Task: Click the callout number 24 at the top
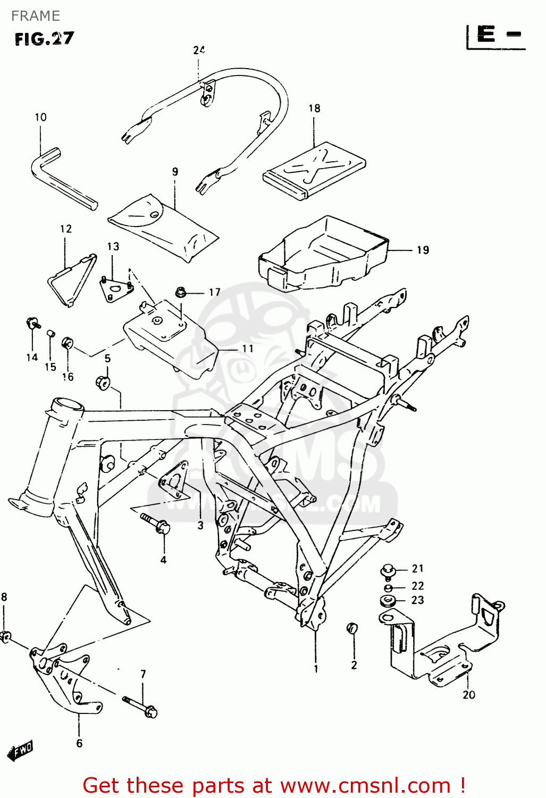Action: click(199, 50)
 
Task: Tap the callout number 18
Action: click(314, 109)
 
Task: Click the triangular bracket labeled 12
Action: click(71, 279)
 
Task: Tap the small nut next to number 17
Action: click(181, 292)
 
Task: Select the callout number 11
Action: click(248, 349)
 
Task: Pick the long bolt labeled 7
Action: click(140, 705)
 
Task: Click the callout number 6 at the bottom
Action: click(79, 743)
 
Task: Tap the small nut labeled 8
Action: click(6, 636)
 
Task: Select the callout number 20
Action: click(468, 695)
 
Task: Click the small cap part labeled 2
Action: click(352, 628)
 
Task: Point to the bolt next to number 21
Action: click(388, 571)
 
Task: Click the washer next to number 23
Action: click(387, 602)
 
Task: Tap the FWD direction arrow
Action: click(20, 750)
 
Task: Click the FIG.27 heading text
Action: click(44, 39)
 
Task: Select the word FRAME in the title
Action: click(36, 16)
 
